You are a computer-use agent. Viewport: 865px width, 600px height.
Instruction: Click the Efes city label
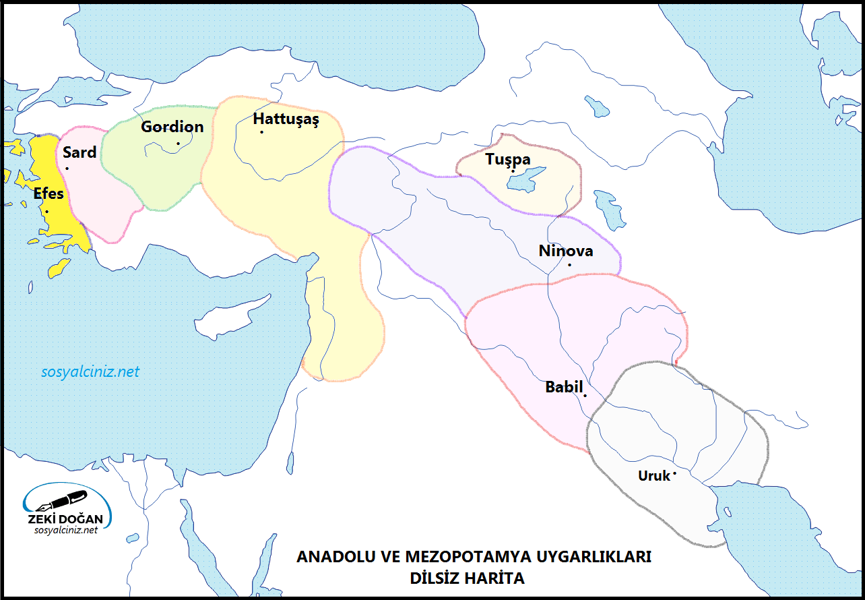click(x=49, y=194)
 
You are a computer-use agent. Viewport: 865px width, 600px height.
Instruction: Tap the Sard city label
click(x=79, y=152)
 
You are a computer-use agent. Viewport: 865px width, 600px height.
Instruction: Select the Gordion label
click(x=172, y=127)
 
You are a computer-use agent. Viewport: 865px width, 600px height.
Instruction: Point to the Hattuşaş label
click(x=286, y=119)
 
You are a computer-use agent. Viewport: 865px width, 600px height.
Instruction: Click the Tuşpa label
click(x=508, y=160)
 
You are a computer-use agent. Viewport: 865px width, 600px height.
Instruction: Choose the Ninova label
click(x=566, y=251)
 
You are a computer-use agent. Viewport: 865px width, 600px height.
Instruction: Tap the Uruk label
click(x=654, y=476)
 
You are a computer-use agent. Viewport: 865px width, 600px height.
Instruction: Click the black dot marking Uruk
click(x=674, y=473)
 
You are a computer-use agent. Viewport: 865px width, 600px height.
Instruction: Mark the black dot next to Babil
click(x=585, y=395)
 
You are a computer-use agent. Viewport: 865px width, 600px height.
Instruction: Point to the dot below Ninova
click(x=569, y=264)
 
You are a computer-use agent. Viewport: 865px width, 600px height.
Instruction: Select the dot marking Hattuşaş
click(x=261, y=132)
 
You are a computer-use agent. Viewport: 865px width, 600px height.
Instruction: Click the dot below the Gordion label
click(x=178, y=143)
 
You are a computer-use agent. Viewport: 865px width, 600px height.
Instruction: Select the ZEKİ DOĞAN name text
click(x=65, y=520)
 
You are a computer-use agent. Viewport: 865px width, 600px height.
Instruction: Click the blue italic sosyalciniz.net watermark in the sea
click(x=90, y=371)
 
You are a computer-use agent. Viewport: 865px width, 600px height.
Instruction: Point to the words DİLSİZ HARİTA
click(x=466, y=578)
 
